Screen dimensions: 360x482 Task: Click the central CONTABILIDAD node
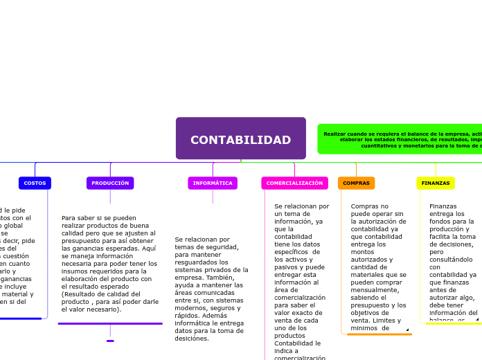[240, 138]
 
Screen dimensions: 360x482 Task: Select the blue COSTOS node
[35, 183]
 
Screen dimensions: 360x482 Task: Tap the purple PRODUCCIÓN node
[110, 183]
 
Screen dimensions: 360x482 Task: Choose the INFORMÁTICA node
[213, 183]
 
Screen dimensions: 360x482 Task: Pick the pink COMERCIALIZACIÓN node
[294, 183]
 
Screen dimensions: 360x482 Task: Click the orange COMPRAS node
[356, 183]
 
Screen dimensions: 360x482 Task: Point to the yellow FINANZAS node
[436, 183]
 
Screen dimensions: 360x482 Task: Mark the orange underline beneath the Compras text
[379, 334]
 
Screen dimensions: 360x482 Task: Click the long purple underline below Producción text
[110, 323]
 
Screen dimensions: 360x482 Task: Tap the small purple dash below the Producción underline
[110, 341]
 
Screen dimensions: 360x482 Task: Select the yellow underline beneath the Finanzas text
[454, 323]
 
